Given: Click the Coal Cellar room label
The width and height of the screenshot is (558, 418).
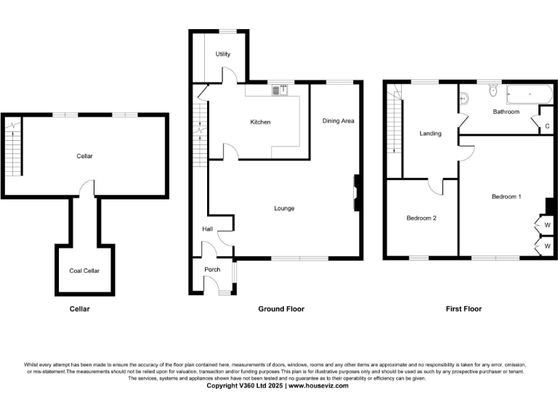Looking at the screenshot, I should (x=84, y=271).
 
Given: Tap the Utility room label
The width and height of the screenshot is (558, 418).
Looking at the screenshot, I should (x=222, y=55).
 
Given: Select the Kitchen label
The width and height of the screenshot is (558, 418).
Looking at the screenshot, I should (x=260, y=122).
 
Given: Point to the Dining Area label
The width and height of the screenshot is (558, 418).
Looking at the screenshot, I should (x=338, y=120).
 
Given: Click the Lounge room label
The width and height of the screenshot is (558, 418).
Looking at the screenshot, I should (x=284, y=208).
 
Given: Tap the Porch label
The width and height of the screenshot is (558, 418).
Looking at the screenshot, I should (x=212, y=270).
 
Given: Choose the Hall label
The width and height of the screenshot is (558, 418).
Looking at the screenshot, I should (x=208, y=229).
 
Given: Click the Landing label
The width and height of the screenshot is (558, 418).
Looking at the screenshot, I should (x=430, y=134).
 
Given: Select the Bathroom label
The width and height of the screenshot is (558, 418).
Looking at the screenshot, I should (x=506, y=112).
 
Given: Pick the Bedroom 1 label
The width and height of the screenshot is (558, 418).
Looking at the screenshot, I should (x=506, y=197).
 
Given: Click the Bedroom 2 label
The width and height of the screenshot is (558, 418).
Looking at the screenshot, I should (x=421, y=218).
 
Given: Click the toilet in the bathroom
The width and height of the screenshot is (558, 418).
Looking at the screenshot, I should (x=493, y=91).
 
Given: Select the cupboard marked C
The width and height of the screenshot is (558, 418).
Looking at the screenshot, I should (x=546, y=126).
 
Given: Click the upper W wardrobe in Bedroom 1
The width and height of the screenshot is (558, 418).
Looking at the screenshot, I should (x=546, y=225).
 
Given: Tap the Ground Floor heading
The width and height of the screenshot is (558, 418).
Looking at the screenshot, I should (x=281, y=308).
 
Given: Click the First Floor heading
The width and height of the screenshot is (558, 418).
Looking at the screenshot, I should (x=464, y=308).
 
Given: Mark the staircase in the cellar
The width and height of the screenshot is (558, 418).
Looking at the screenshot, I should (x=15, y=149).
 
